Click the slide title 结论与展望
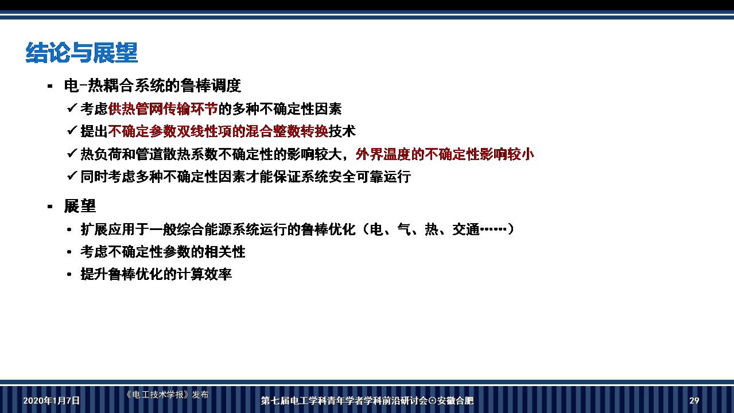point(81,53)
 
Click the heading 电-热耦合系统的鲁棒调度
point(152,86)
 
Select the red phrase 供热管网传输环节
point(163,108)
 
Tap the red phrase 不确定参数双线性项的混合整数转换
point(218,131)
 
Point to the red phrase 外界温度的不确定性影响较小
point(445,154)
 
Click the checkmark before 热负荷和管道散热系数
point(72,153)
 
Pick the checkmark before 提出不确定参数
point(72,131)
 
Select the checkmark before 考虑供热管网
point(72,108)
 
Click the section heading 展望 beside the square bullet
point(80,206)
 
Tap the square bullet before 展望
point(50,206)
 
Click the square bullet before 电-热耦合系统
point(50,86)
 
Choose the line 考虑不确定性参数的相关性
point(163,252)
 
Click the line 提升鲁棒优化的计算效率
point(156,274)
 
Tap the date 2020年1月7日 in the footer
point(52,400)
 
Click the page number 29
point(694,400)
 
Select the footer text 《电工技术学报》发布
point(167,395)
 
